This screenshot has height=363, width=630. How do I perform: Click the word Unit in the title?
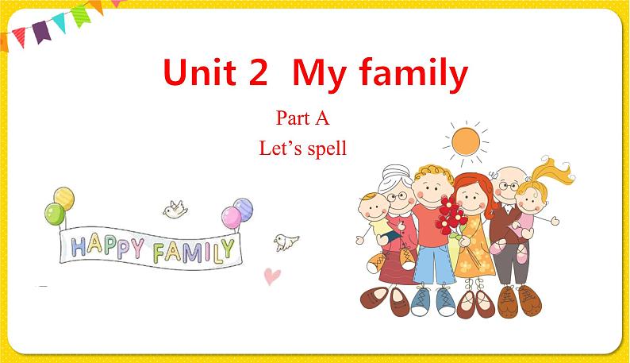click(199, 74)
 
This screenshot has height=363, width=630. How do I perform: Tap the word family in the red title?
click(415, 74)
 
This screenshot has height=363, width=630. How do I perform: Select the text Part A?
click(302, 120)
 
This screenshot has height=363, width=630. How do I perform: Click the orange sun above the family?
click(466, 143)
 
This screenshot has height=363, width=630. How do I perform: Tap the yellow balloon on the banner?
click(64, 197)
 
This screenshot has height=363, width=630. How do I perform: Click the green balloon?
click(54, 213)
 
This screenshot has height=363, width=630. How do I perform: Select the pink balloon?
click(230, 216)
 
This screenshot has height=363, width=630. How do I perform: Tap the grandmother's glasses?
click(393, 195)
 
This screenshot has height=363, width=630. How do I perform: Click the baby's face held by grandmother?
click(371, 211)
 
